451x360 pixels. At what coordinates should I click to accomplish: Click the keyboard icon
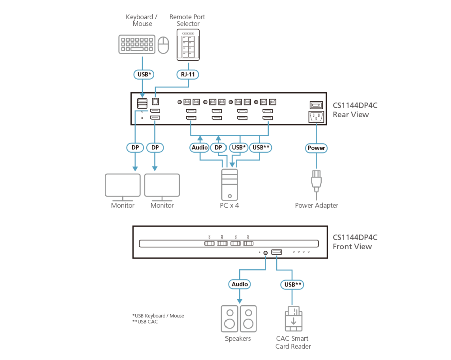click(x=137, y=44)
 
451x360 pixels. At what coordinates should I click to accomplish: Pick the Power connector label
click(x=316, y=148)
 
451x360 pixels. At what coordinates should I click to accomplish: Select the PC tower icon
click(x=230, y=185)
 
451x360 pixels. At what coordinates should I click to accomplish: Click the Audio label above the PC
click(x=200, y=148)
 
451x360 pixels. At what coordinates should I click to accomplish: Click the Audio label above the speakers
click(x=239, y=284)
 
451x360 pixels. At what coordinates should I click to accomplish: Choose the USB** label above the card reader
click(x=293, y=284)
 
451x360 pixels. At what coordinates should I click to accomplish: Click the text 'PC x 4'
click(x=230, y=205)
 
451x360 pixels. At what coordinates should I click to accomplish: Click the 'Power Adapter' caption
click(x=316, y=205)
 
